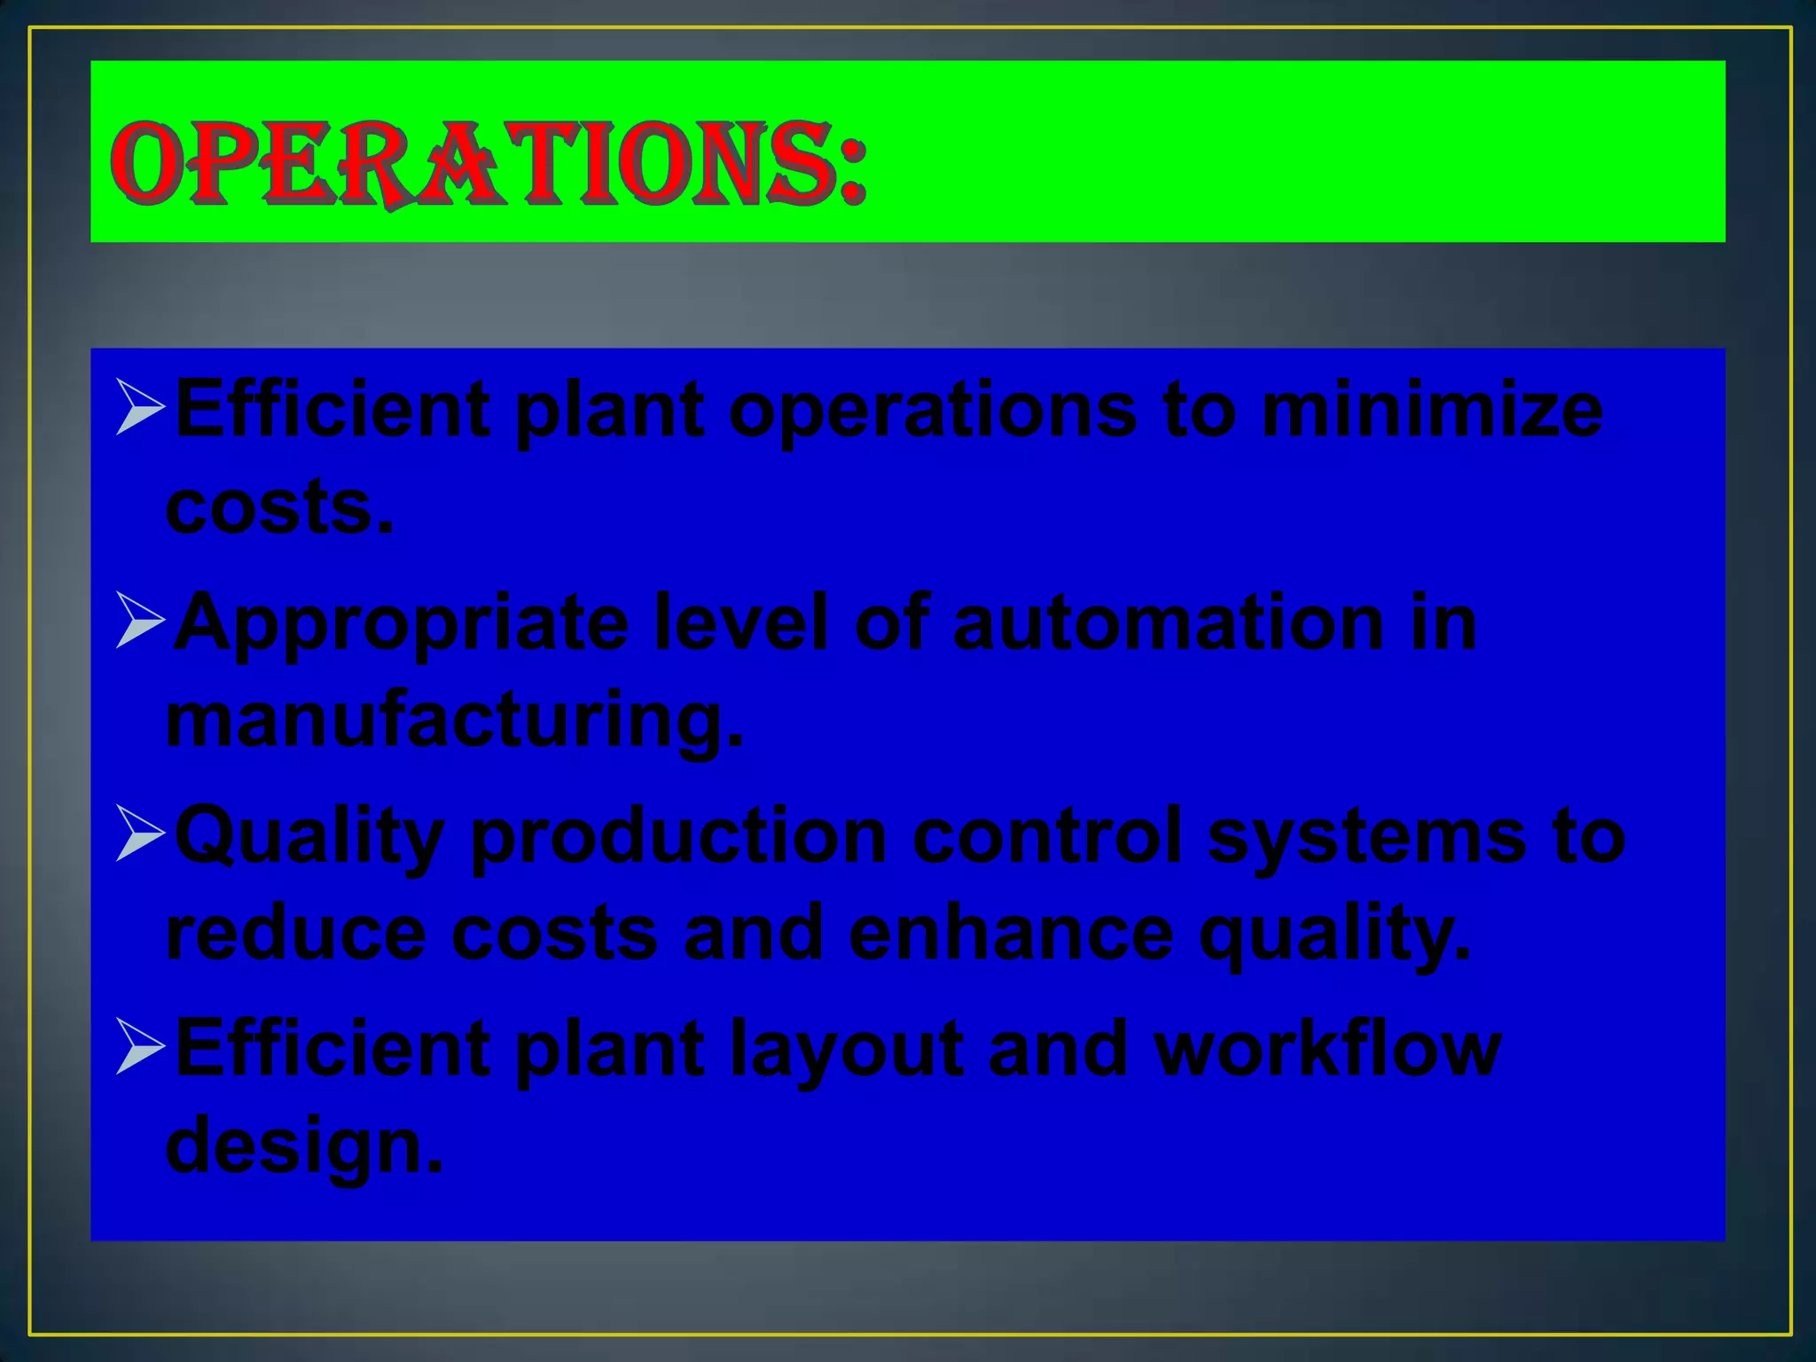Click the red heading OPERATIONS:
488,164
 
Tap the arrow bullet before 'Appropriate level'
140,620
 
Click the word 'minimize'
1431,410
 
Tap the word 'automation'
1168,622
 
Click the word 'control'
1047,835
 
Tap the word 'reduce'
296,933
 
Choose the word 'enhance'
1011,933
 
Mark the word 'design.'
303,1146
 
